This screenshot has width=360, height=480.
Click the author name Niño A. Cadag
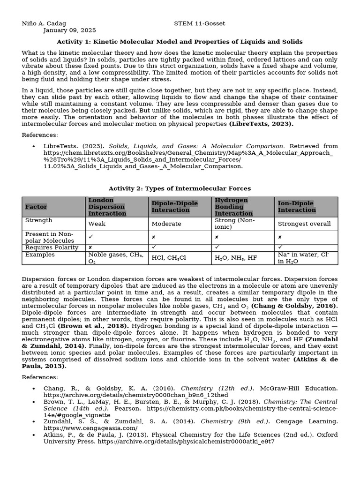point(44,23)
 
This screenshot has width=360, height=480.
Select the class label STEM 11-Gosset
point(200,23)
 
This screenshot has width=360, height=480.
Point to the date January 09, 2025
point(69,30)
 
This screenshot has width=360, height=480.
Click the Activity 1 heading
point(180,42)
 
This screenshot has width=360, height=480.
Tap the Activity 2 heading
point(180,188)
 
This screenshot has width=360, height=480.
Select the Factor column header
point(36,207)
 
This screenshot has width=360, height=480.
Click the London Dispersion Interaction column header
point(107,207)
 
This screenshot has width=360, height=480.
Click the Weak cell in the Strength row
point(97,224)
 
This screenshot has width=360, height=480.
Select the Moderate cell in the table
point(166,224)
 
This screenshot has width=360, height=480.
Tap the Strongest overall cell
point(304,224)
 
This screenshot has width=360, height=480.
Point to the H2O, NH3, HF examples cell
point(236,258)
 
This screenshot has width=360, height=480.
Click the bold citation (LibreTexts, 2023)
point(261,124)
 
